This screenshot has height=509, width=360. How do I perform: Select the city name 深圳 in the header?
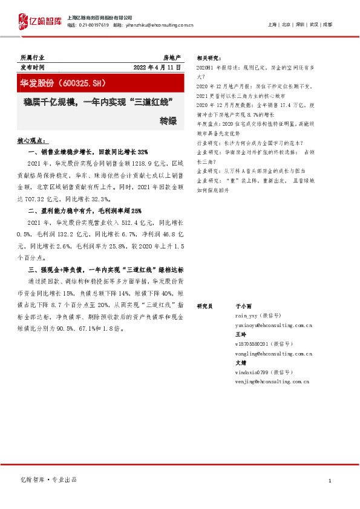pos(300,25)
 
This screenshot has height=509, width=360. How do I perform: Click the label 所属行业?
pos(31,57)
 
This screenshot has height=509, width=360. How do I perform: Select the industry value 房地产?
pos(171,57)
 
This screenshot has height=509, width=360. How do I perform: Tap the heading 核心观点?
pos(30,141)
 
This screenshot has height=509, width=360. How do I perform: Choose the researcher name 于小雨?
pos(242,306)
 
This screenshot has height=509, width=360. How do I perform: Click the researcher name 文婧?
pos(240,362)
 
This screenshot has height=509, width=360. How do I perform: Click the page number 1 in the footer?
pos(329,481)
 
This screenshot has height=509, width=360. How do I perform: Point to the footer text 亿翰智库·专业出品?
pos(48,479)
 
